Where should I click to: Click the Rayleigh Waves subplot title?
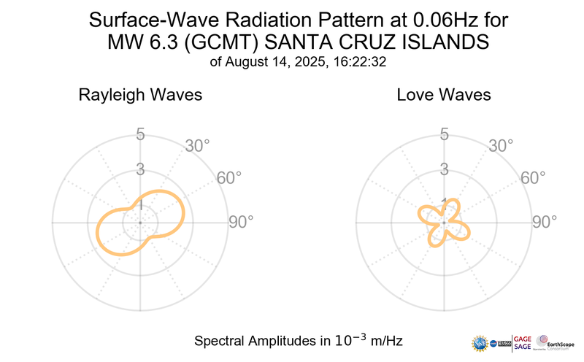coord(140,96)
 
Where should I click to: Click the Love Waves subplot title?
coord(444,96)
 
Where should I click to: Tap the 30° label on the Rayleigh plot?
coord(197,146)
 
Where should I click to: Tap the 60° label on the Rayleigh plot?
coord(230,178)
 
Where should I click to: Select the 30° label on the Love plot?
coord(501,146)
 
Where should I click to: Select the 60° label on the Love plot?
coord(534,178)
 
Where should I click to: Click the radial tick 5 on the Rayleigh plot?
coord(140,135)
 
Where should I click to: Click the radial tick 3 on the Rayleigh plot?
coord(140,170)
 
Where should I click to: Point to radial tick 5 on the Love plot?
coord(444,135)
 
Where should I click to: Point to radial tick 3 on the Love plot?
coord(444,170)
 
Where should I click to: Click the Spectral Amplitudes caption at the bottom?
coord(298,341)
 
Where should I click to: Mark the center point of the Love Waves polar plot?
coord(444,222)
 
